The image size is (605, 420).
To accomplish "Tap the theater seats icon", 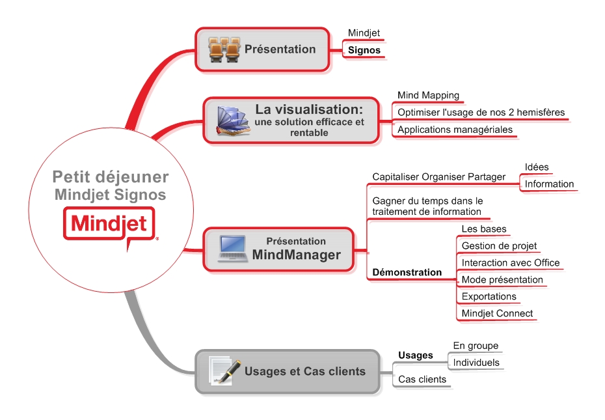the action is (x=224, y=49).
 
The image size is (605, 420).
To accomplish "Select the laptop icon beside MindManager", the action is (x=233, y=249).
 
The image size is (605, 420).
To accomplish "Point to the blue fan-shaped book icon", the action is (x=233, y=121).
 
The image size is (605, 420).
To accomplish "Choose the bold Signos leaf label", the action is (x=364, y=50).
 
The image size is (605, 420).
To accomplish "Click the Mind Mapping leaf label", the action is (x=428, y=95).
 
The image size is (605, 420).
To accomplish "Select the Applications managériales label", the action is (x=455, y=130).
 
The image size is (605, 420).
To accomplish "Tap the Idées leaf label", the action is (x=536, y=167).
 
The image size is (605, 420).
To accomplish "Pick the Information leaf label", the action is (x=549, y=184).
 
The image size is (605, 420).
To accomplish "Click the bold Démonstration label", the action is (x=407, y=272).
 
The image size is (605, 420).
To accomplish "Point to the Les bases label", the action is (x=484, y=229).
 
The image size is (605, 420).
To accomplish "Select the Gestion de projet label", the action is (x=499, y=245).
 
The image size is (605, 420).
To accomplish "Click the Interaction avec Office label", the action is (x=511, y=262).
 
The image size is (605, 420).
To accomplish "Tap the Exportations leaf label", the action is (x=489, y=296).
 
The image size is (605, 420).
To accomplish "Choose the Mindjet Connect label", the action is (x=497, y=313).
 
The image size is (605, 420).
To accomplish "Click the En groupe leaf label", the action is (x=476, y=346).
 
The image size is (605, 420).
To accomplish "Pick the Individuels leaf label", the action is (x=476, y=363).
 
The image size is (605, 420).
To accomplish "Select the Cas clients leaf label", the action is (x=422, y=380).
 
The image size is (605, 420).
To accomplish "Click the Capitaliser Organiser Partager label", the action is (x=438, y=177).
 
